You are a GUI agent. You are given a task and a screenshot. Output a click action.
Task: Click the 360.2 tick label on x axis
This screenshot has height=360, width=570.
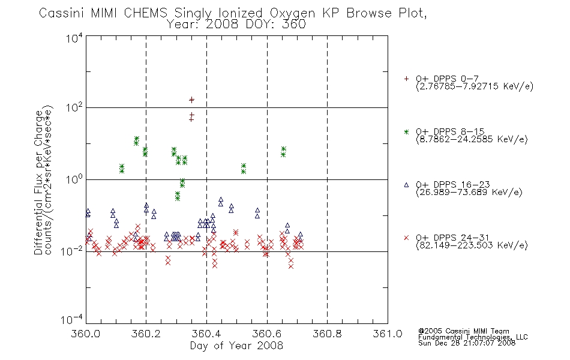146,334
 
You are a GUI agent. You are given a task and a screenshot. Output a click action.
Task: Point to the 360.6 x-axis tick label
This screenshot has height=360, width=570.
267,334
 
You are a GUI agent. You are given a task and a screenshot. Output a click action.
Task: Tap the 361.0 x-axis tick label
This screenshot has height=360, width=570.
388,334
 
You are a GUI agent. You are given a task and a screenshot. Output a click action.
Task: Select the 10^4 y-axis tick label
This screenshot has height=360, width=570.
75,38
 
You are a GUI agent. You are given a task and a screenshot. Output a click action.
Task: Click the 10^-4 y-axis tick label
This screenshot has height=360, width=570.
72,320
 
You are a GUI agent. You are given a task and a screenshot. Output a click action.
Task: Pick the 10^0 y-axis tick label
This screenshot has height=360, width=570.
75,179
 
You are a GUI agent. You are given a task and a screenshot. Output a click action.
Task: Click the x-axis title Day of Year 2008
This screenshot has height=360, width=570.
236,346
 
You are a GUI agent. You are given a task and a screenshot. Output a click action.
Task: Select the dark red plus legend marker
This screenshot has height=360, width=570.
406,79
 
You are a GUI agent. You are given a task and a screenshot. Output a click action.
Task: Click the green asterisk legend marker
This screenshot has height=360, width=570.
406,131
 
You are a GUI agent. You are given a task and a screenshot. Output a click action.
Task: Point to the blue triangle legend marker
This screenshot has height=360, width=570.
406,185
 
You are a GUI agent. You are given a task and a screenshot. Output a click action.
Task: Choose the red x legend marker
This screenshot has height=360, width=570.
406,238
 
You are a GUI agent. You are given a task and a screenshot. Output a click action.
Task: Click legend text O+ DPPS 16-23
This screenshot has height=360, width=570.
453,184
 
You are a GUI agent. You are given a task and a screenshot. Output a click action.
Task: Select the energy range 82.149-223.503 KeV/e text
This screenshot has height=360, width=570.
472,245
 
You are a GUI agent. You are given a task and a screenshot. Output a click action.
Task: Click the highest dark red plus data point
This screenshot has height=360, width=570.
191,99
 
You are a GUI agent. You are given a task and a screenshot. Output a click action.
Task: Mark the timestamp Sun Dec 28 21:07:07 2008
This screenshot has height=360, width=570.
467,343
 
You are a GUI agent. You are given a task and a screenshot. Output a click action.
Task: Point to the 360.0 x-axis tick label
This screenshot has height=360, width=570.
86,334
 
